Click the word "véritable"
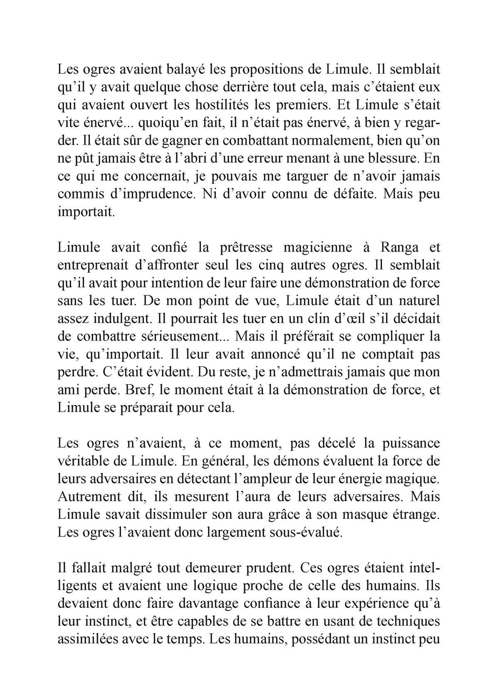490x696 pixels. [x=82, y=462]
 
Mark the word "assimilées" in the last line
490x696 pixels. [x=87, y=640]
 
